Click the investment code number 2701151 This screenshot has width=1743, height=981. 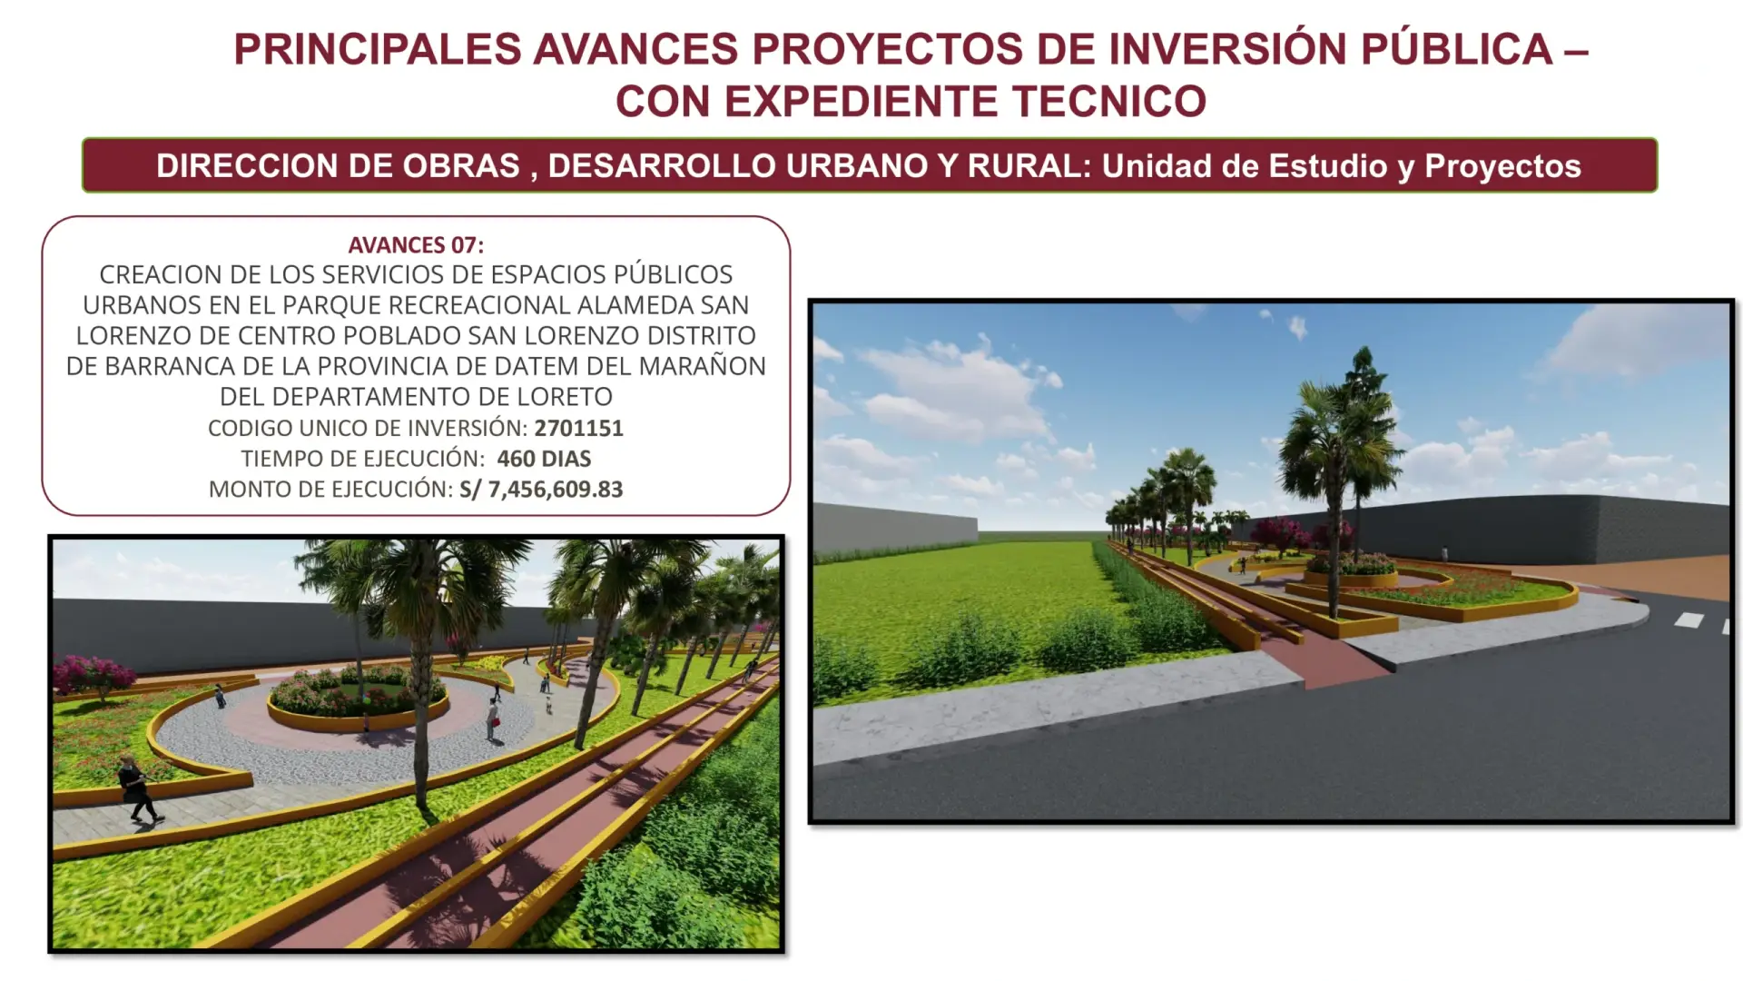578,428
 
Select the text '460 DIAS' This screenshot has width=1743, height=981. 544,459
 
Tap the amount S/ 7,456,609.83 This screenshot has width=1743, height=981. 541,490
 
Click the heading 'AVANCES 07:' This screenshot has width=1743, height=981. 416,245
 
